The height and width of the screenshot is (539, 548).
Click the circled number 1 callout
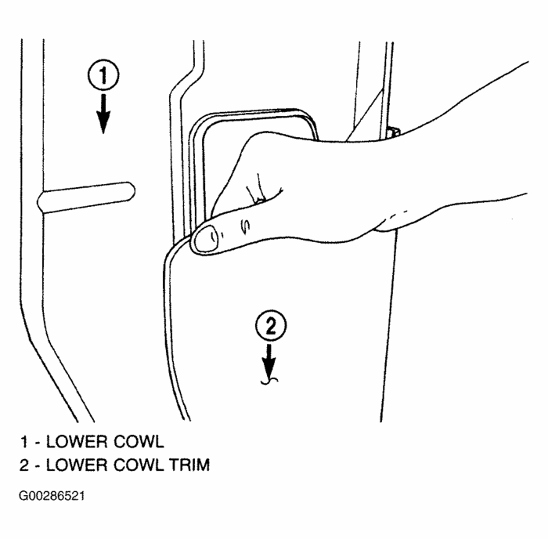click(103, 76)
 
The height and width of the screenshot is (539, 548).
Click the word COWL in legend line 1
click(130, 440)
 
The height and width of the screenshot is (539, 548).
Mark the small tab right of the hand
click(393, 131)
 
